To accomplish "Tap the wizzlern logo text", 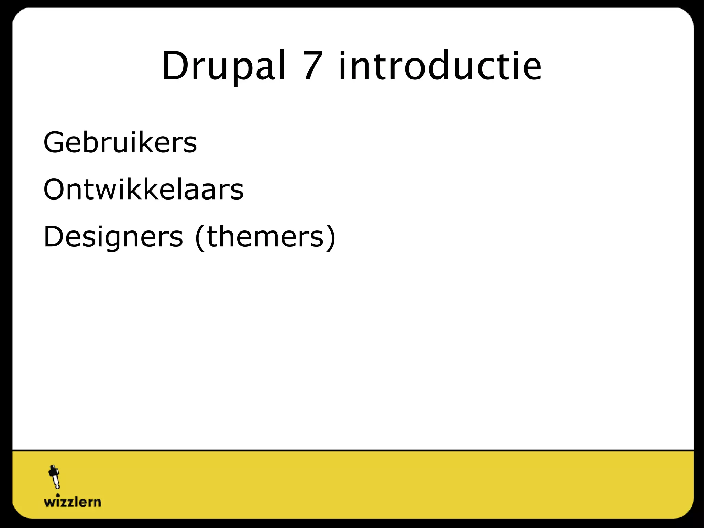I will point(73,502).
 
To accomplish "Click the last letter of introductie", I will point(531,69).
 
